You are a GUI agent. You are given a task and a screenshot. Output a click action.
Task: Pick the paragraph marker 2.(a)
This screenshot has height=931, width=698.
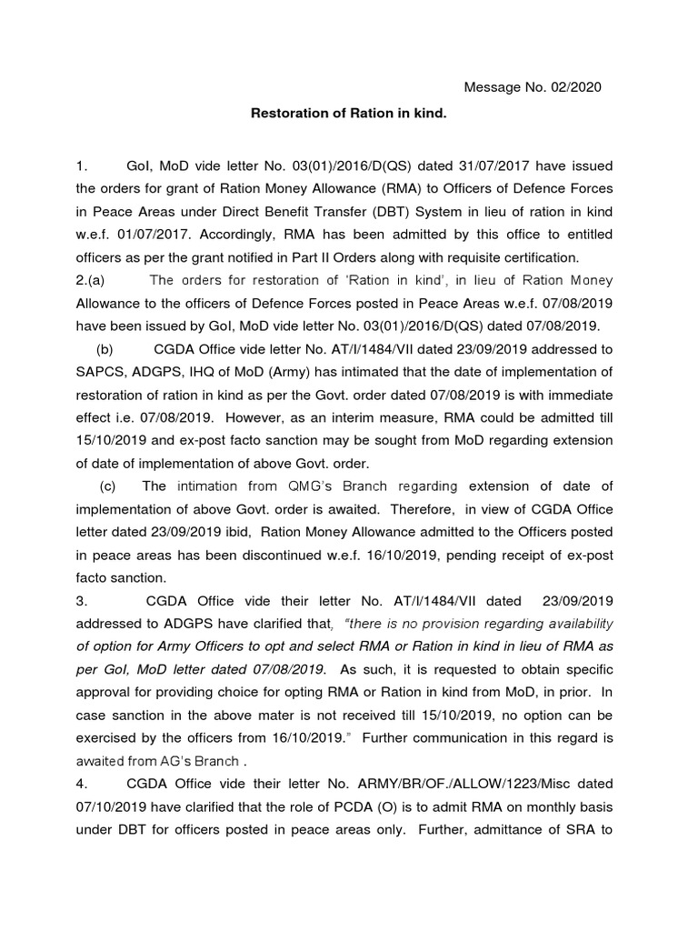coord(94,280)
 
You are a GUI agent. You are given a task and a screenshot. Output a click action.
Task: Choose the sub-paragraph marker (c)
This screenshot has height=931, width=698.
coord(114,486)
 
